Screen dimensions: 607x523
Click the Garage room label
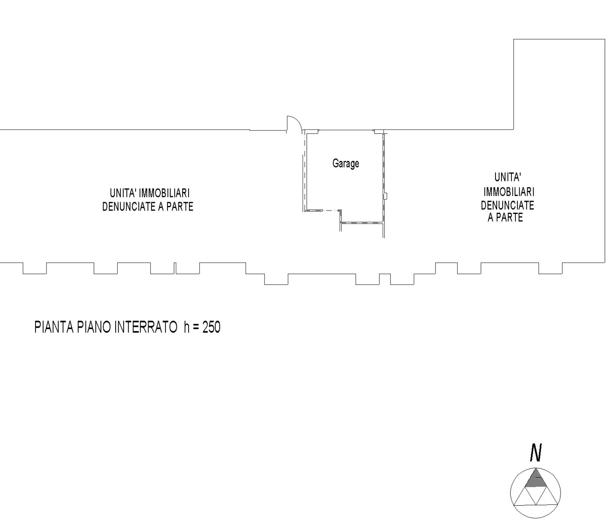pos(345,164)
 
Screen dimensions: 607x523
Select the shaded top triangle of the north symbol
pos(535,478)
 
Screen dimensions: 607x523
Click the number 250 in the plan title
pos(211,327)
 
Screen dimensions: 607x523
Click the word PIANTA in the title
pos(54,327)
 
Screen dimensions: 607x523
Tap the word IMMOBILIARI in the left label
pos(164,193)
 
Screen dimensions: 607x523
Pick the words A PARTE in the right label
pos(505,218)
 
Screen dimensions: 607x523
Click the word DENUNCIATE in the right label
pos(508,206)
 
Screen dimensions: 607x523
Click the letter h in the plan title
pos(187,327)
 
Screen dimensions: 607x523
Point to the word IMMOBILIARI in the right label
pos(509,192)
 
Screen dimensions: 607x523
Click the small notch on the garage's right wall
pos(386,196)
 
